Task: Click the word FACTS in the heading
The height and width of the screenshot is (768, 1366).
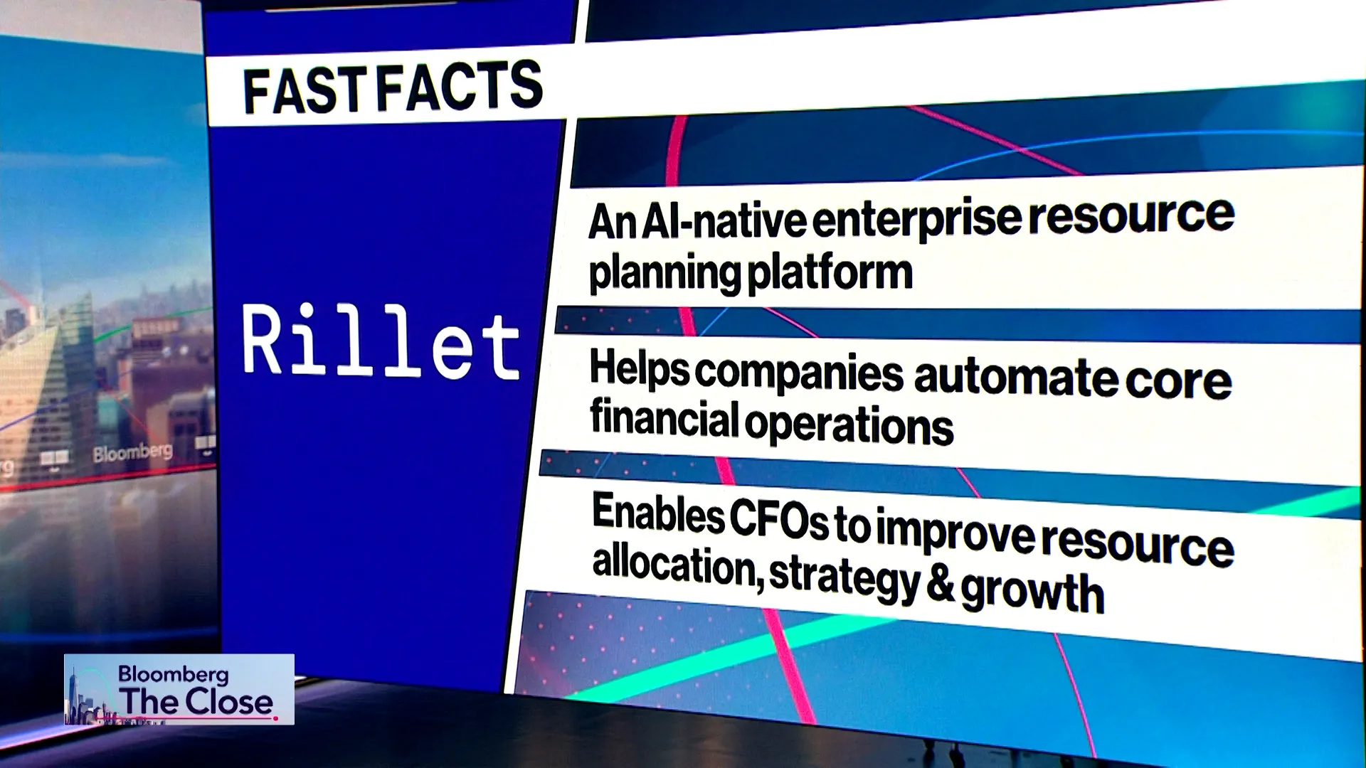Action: (460, 86)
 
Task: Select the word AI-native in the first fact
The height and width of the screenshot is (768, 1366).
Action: (723, 220)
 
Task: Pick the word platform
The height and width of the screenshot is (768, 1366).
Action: (830, 272)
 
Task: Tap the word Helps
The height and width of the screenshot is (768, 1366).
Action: (639, 369)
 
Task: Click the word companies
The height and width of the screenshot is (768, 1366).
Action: (799, 372)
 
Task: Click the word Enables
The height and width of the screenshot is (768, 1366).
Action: (657, 513)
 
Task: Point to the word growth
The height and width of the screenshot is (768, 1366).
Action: (1032, 591)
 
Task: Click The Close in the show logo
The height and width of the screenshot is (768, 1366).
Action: (196, 702)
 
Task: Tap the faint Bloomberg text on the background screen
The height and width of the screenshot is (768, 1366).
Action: (132, 452)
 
